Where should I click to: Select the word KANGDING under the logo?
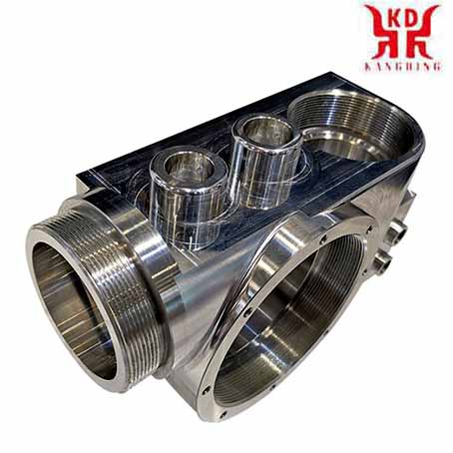click(x=402, y=66)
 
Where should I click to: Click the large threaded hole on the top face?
click(x=351, y=123)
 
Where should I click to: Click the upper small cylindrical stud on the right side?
click(x=399, y=230)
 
